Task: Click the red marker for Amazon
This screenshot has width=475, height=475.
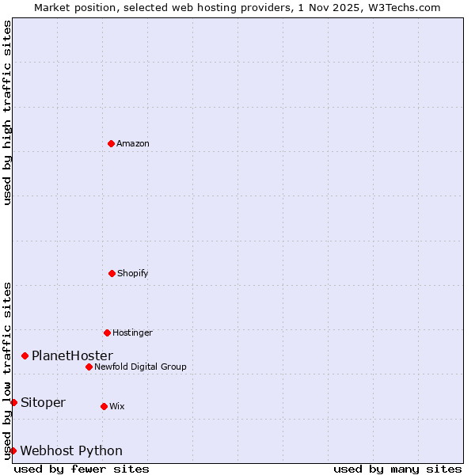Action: point(112,143)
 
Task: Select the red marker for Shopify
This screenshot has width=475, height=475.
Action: point(112,273)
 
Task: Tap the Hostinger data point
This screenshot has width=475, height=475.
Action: point(107,332)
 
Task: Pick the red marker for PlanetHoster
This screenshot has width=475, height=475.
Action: point(25,355)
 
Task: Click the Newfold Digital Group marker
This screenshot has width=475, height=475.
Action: point(89,367)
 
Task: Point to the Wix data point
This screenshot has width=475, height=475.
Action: point(104,406)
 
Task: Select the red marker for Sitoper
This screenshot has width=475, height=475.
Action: point(13,402)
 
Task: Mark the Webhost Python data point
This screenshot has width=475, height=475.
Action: point(13,450)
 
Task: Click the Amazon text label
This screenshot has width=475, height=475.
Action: point(133,143)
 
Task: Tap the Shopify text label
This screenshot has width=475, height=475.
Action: point(133,273)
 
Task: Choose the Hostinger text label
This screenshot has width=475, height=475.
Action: point(132,332)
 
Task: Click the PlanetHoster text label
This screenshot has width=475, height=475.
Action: point(72,355)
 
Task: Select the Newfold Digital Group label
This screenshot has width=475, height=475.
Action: point(140,367)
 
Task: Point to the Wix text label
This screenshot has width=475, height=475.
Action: point(117,406)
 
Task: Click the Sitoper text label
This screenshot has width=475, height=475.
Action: point(43,402)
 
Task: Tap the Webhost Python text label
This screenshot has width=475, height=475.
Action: point(71,450)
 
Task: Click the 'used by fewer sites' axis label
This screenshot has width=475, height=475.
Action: point(82,469)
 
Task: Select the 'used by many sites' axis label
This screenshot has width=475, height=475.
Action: point(397,469)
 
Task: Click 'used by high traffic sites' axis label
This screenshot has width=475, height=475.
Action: point(7,112)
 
